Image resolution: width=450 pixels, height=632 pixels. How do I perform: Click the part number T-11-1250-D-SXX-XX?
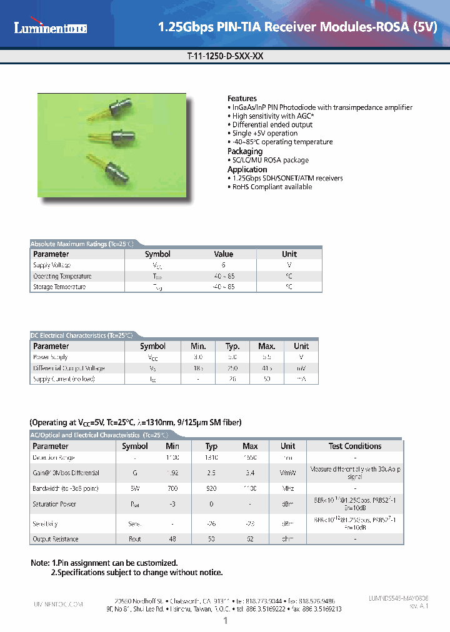(225, 55)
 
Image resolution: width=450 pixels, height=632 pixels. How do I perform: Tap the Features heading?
(242, 99)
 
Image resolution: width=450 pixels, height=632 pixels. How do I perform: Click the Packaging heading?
(245, 152)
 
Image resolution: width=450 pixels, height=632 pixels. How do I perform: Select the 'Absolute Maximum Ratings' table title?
(82, 244)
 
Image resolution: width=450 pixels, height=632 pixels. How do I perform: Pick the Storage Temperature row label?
(59, 287)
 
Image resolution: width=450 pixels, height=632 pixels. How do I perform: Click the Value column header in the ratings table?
(223, 254)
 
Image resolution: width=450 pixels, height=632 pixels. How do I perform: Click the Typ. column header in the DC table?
(232, 346)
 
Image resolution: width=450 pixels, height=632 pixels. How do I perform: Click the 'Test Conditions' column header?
(354, 447)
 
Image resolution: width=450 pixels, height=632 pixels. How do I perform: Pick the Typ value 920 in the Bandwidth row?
(212, 488)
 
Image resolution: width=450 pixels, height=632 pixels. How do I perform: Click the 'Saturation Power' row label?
(54, 504)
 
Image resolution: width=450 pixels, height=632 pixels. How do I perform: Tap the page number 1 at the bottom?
(225, 620)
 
